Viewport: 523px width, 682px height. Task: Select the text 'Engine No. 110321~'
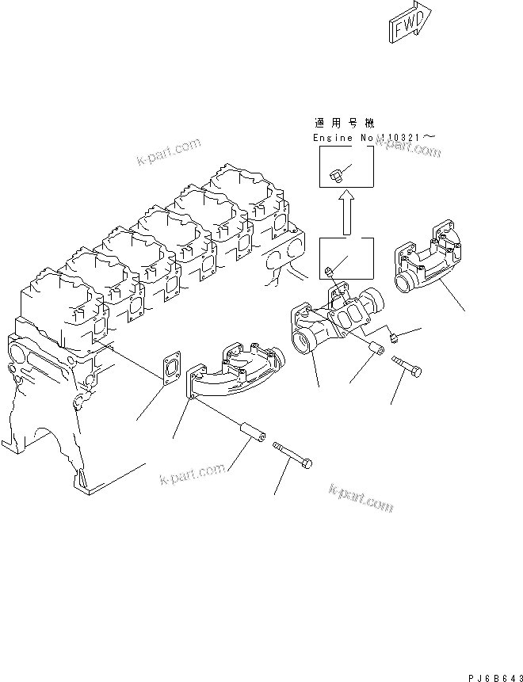pos(373,137)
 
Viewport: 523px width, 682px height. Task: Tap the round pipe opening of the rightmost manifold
pos(407,280)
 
